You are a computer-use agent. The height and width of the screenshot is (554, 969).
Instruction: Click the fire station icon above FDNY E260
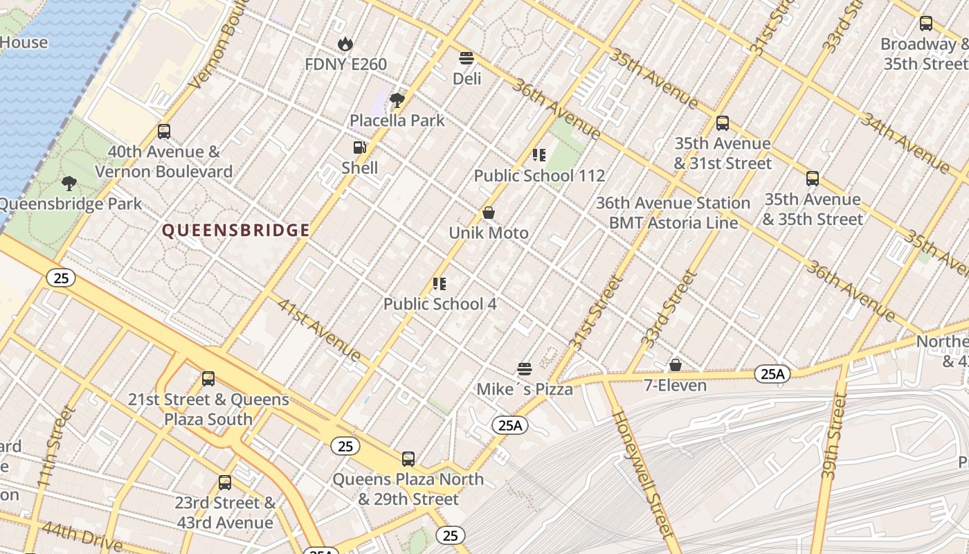click(345, 44)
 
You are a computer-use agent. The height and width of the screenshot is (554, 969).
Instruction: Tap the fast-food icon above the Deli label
click(467, 58)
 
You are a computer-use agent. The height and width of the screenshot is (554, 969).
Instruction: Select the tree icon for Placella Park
click(397, 100)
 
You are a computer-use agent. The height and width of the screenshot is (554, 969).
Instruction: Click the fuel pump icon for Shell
click(359, 148)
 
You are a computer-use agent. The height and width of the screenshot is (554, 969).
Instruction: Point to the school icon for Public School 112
click(538, 155)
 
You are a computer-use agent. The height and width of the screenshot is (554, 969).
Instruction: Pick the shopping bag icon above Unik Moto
click(489, 213)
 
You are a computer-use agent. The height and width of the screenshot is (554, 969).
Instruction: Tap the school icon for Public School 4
click(439, 283)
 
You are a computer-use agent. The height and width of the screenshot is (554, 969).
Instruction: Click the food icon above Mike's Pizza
click(525, 369)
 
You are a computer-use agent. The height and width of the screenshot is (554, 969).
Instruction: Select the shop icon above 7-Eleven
click(676, 365)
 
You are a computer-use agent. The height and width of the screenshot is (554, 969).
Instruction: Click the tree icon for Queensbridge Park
click(69, 184)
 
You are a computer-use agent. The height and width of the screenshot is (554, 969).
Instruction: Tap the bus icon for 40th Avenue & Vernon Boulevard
click(164, 132)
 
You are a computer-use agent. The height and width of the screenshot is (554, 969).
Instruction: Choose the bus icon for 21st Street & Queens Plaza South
click(208, 379)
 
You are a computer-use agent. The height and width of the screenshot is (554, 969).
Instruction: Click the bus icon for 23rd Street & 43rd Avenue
click(225, 483)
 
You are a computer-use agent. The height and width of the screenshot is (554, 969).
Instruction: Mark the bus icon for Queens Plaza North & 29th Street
click(408, 458)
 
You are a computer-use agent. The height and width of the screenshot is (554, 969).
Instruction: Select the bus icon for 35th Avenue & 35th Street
click(813, 179)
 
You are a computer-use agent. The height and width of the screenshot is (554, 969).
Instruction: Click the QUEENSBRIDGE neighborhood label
click(235, 231)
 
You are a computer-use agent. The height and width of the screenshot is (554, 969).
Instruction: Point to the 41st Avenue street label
click(319, 330)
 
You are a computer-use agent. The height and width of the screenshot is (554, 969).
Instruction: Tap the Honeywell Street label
click(642, 474)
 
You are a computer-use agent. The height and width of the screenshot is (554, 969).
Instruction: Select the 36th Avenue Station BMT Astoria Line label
click(673, 213)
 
